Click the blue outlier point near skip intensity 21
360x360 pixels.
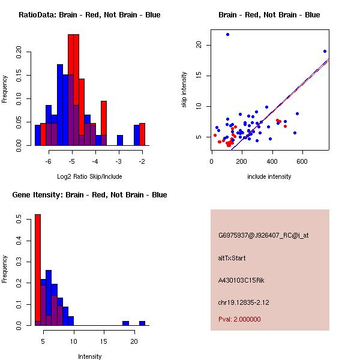[227, 34]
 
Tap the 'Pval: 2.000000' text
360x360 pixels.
[239, 319]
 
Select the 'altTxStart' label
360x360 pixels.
[232, 258]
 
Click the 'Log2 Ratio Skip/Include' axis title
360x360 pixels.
[89, 178]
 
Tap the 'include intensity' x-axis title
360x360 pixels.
[269, 176]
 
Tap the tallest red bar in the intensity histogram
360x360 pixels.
[37, 270]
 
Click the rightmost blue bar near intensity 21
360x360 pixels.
[142, 323]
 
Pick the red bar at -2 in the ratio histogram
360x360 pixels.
[142, 134]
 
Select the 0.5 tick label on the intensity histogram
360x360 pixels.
[19, 220]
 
